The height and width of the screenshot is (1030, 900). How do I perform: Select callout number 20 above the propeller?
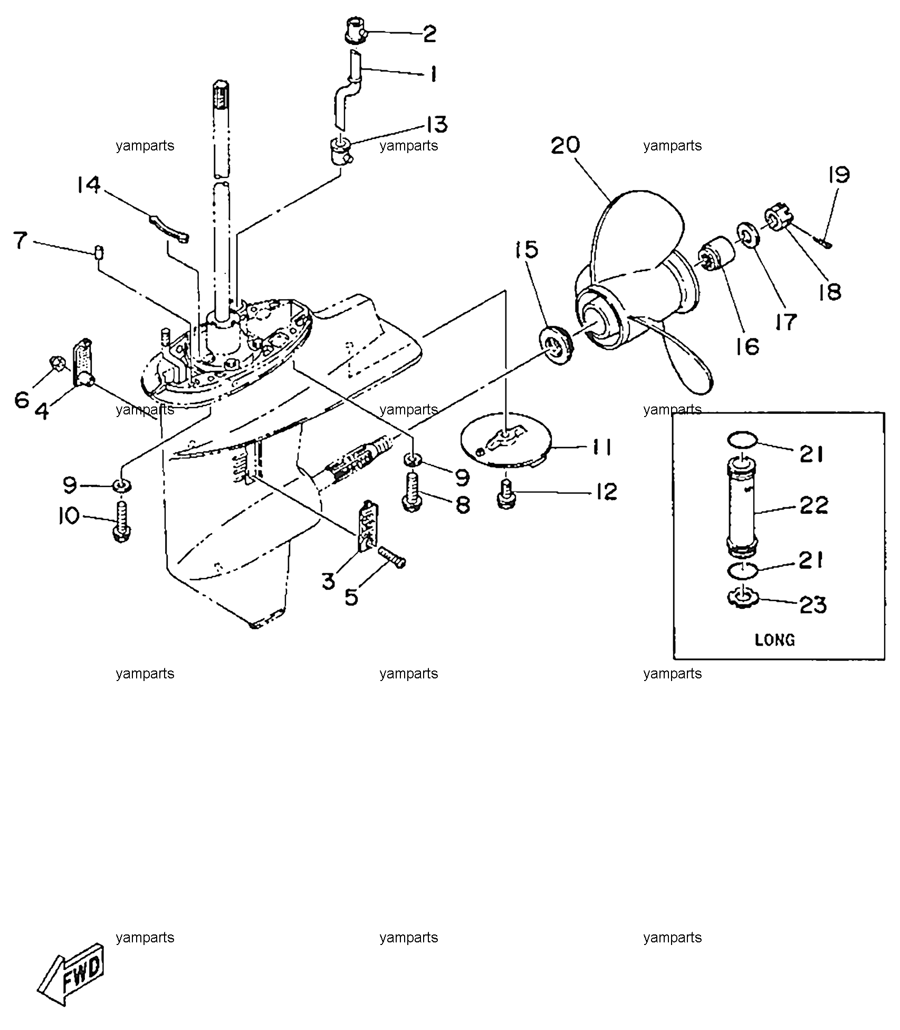[566, 145]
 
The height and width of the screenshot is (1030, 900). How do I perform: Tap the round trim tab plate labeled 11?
[506, 444]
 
